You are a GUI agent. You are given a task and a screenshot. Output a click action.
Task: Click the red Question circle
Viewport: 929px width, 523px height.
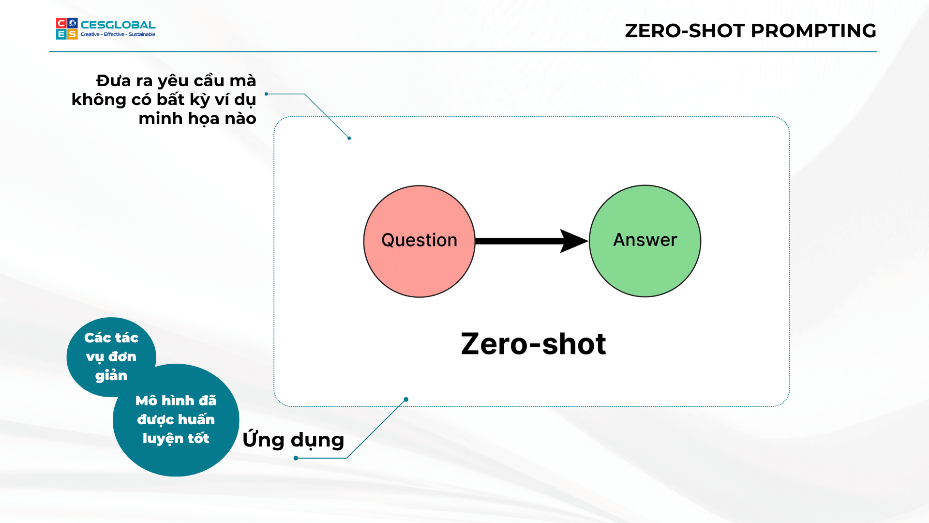click(x=419, y=241)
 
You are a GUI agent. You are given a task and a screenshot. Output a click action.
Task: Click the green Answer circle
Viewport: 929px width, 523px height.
click(x=645, y=241)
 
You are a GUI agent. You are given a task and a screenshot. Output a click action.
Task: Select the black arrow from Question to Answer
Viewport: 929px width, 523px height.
click(x=532, y=241)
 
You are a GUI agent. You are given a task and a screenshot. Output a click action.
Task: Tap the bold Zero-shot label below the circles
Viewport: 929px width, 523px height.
click(x=533, y=344)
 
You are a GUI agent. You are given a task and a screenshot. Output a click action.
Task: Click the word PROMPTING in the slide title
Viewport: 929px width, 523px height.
click(x=813, y=31)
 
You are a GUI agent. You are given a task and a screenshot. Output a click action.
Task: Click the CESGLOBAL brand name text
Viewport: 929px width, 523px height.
click(x=118, y=25)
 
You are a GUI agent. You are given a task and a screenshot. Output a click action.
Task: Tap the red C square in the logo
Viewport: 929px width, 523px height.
click(x=61, y=23)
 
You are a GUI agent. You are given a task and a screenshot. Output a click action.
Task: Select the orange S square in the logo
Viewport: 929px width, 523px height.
click(x=72, y=34)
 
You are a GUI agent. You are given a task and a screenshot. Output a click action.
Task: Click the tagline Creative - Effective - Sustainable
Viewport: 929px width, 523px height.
click(x=118, y=34)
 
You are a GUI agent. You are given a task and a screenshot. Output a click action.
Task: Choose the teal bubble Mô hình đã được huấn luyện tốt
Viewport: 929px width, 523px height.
click(x=176, y=420)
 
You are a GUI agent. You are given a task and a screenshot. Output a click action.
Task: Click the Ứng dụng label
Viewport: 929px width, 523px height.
click(x=293, y=440)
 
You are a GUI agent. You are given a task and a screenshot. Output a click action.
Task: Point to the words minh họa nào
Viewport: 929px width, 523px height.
click(x=197, y=119)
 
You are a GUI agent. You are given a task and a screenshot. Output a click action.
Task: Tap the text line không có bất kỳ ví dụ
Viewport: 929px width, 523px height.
click(x=164, y=100)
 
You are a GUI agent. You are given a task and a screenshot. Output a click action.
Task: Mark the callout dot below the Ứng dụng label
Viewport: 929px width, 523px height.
click(x=296, y=458)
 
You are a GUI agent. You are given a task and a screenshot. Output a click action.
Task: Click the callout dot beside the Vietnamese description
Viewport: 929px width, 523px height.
click(x=266, y=94)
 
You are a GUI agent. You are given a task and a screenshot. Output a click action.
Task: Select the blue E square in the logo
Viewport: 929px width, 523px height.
click(x=61, y=34)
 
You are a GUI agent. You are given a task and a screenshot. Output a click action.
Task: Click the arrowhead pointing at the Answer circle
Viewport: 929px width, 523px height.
click(x=574, y=241)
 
